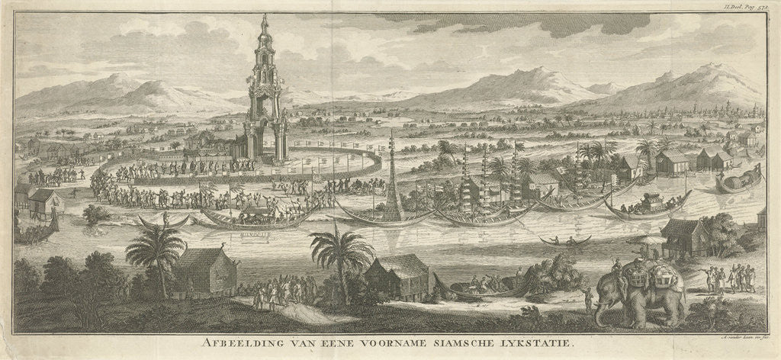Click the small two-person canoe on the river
(x=565, y=241)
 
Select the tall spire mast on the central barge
(x=393, y=172)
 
